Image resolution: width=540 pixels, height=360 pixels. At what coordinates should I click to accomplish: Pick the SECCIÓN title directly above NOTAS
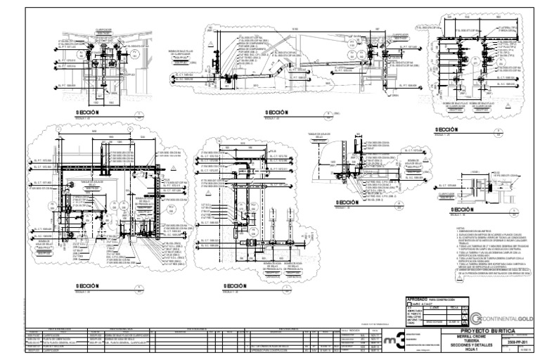pos(465,210)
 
